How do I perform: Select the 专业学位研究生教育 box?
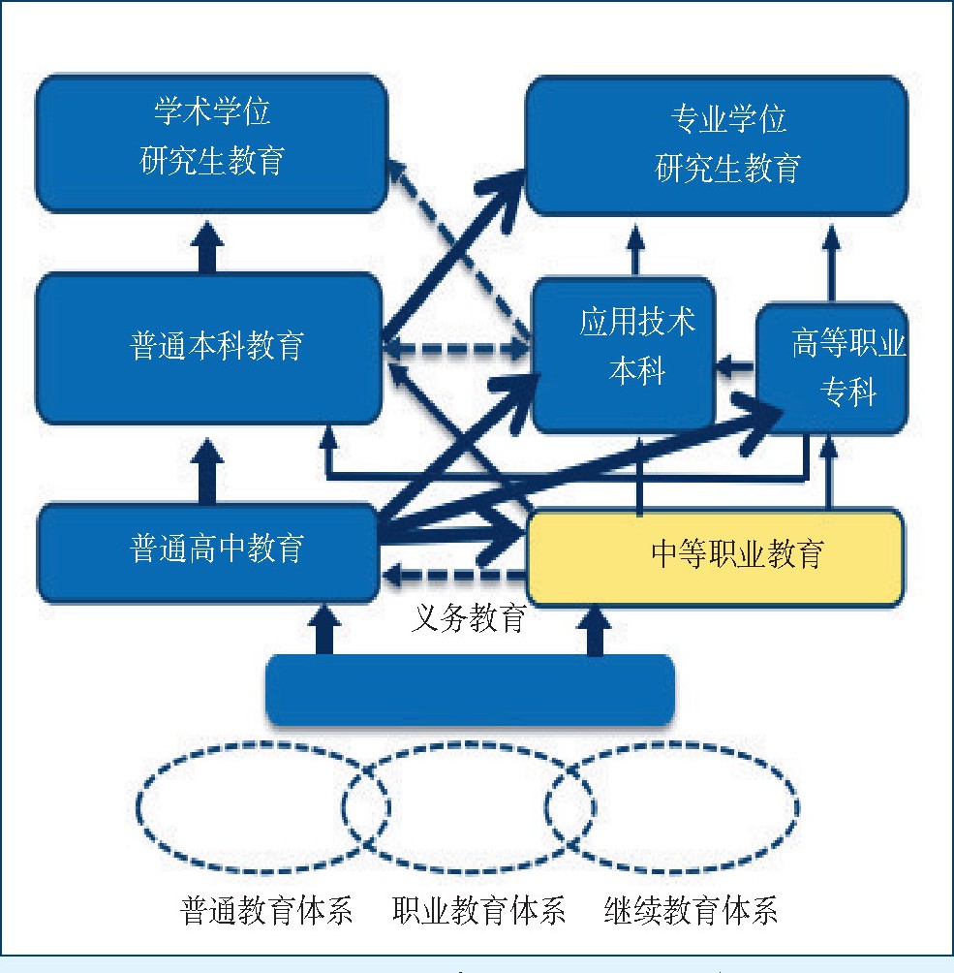pyautogui.click(x=717, y=145)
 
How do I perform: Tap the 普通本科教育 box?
pyautogui.click(x=208, y=347)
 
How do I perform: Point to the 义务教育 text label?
pyautogui.click(x=469, y=618)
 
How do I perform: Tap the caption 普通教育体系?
pyautogui.click(x=266, y=912)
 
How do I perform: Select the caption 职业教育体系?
pyautogui.click(x=478, y=912)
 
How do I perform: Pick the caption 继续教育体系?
pyautogui.click(x=691, y=912)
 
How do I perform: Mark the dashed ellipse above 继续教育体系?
pyautogui.click(x=672, y=806)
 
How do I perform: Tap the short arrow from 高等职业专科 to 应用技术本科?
pyautogui.click(x=736, y=367)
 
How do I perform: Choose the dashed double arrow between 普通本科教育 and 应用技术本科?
pyautogui.click(x=455, y=348)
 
